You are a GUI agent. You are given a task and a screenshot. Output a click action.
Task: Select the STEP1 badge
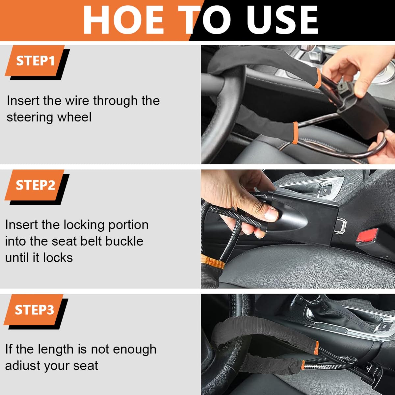coord(35,61)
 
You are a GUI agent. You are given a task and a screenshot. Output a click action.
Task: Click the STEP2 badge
coord(35,185)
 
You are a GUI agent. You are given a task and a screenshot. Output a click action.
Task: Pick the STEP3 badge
coord(34,310)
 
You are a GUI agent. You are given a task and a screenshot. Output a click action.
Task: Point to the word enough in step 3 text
coord(135,349)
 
